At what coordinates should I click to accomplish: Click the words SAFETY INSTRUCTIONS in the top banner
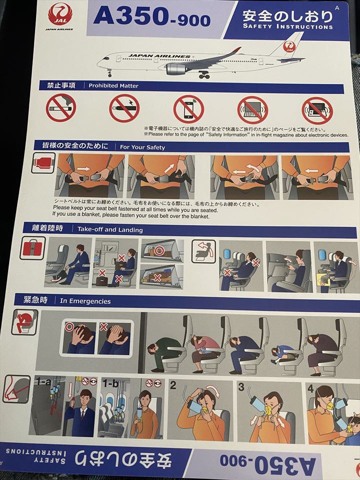[288, 26]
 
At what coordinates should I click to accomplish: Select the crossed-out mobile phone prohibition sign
[188, 109]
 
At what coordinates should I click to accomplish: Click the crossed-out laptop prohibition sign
[252, 110]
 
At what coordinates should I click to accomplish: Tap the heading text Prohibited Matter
[113, 85]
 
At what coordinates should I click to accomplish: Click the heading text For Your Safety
[142, 147]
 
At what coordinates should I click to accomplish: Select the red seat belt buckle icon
[43, 163]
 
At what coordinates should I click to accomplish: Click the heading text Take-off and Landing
[110, 229]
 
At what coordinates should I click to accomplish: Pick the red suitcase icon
[33, 248]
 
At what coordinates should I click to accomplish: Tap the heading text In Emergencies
[85, 301]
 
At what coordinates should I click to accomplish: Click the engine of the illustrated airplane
[176, 69]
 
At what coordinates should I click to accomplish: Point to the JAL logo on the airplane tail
[289, 47]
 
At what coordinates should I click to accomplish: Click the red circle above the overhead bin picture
[159, 251]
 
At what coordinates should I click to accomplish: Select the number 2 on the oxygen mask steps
[173, 385]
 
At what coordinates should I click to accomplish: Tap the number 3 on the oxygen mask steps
[241, 387]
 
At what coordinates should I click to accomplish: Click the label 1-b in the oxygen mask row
[110, 383]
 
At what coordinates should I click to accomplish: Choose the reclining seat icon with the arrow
[203, 251]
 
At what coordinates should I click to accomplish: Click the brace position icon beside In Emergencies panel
[25, 322]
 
